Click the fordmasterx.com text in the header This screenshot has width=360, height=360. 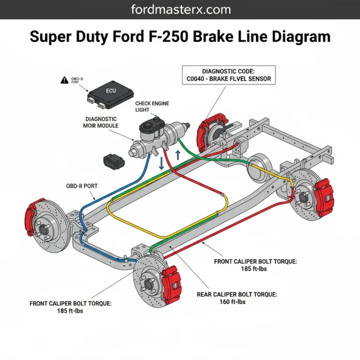pos(180,9)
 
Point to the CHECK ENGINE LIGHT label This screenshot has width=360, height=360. pos(152,106)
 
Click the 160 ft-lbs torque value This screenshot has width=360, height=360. pos(232,302)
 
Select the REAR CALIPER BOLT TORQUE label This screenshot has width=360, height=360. pos(237,294)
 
